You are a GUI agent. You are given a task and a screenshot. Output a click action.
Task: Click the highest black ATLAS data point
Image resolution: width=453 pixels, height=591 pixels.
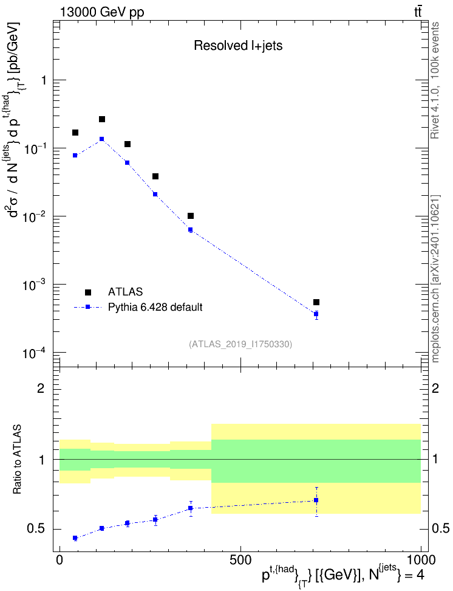(x=101, y=119)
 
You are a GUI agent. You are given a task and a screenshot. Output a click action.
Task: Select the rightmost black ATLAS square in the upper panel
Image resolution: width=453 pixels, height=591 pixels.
(x=316, y=302)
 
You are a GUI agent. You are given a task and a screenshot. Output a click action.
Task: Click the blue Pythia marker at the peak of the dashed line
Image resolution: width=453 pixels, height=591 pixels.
(x=101, y=139)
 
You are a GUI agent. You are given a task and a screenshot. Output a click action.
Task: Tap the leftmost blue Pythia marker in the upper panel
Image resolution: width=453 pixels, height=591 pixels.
(x=75, y=155)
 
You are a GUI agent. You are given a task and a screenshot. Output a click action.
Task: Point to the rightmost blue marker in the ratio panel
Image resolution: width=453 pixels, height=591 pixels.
(x=316, y=500)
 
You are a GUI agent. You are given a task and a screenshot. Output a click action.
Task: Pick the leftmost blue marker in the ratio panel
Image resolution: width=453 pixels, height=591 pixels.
(x=75, y=538)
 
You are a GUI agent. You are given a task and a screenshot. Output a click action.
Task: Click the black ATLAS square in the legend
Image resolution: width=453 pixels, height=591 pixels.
(x=87, y=292)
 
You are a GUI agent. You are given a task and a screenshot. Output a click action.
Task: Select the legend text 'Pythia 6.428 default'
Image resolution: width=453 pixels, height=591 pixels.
(x=155, y=307)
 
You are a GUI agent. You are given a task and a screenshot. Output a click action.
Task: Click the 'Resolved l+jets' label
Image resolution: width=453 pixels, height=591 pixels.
(x=238, y=46)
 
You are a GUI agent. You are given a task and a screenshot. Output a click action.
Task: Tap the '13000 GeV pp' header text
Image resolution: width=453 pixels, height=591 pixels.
(x=102, y=12)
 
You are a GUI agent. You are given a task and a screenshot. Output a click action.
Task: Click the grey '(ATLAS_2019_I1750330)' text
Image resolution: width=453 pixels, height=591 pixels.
(x=240, y=344)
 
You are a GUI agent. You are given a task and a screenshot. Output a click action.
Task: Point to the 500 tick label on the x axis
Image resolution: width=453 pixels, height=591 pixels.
(x=240, y=560)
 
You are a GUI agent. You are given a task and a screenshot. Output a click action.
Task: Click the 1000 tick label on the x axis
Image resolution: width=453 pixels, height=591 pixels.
(x=421, y=560)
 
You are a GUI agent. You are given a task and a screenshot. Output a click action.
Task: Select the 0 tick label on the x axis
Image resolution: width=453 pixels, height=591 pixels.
(x=60, y=560)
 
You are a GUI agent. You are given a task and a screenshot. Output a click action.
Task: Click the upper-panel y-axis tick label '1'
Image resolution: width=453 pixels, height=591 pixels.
(x=44, y=80)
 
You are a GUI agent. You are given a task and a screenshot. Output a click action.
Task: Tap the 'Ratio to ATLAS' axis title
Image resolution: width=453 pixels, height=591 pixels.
(x=18, y=460)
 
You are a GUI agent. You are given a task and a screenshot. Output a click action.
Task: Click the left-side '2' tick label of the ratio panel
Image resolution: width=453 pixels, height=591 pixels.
(x=41, y=388)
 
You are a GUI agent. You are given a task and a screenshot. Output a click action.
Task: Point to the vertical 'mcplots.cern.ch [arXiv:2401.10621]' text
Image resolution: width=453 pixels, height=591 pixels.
(x=435, y=279)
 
